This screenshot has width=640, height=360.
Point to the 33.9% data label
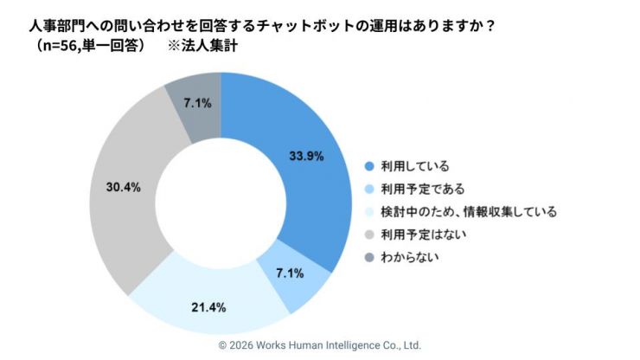(x=306, y=157)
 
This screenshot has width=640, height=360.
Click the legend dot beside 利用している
(x=369, y=165)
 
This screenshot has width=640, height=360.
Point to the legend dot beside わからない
(x=369, y=257)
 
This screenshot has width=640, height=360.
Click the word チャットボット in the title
(x=326, y=25)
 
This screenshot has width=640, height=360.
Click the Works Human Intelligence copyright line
(x=320, y=344)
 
